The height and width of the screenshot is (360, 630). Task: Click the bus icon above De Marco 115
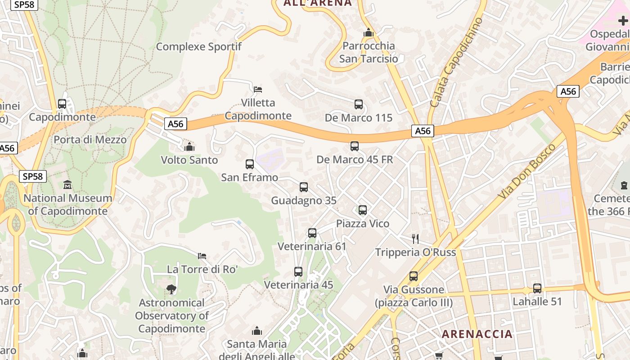359,104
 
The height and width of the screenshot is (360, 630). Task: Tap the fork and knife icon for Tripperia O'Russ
415,238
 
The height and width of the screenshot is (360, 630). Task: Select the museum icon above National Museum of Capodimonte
67,184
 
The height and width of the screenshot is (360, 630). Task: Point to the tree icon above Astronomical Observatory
171,289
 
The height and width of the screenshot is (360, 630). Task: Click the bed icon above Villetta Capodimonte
258,89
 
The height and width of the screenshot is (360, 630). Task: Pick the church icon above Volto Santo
189,147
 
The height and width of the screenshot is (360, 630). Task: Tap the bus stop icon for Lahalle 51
537,288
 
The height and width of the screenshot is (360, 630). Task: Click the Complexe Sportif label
198,46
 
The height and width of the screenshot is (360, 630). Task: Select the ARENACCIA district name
477,334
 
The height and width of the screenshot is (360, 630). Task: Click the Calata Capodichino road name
456,63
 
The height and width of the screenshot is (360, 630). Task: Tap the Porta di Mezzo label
90,139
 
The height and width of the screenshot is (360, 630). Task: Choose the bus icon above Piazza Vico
363,210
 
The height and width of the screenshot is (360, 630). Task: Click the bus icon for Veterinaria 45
298,272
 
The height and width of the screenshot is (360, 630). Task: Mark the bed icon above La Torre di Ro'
202,256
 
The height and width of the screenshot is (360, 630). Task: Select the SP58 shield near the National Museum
33,176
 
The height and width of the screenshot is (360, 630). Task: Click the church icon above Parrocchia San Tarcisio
369,33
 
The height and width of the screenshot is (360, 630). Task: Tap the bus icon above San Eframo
250,164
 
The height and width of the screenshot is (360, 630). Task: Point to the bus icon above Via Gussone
414,276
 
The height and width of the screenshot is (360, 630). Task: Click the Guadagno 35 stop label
303,201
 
